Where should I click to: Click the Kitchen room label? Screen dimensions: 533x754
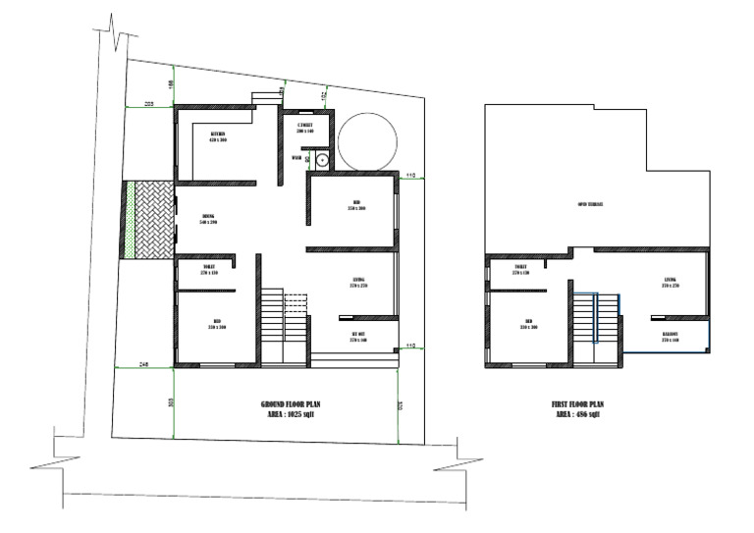tap(218, 136)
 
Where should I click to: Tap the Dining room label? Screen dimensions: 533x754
tap(208, 219)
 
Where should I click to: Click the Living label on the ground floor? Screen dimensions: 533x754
tap(358, 284)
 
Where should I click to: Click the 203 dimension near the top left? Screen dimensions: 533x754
tap(150, 103)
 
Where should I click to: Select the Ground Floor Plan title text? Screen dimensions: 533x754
tap(292, 404)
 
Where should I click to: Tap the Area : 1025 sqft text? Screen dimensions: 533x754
tap(292, 415)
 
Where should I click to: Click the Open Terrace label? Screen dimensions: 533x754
tap(590, 205)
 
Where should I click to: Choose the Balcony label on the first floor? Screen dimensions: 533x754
tap(671, 335)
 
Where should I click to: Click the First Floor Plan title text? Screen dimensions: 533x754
tap(578, 404)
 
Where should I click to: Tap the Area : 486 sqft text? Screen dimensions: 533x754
tap(578, 415)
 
